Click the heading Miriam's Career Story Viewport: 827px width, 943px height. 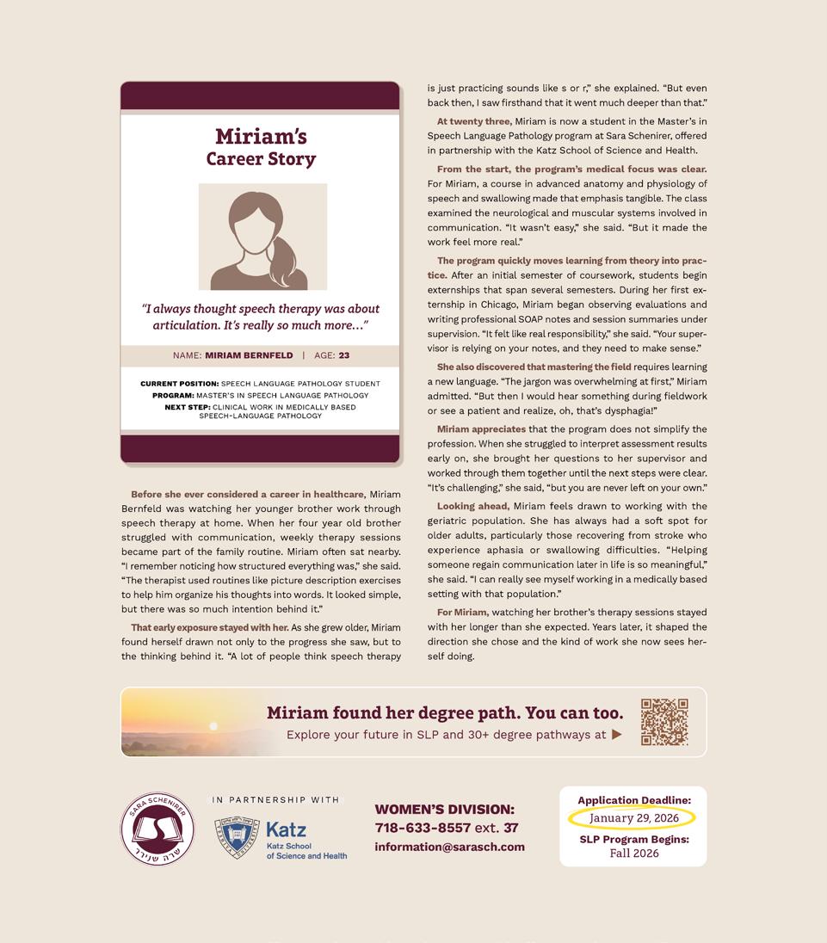click(261, 147)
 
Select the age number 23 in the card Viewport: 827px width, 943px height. click(343, 355)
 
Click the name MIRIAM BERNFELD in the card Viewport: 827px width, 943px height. click(249, 355)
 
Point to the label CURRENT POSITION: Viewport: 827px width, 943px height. click(179, 384)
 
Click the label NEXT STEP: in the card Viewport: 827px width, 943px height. click(187, 407)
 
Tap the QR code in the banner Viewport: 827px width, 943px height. click(664, 722)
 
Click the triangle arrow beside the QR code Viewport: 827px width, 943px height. click(616, 735)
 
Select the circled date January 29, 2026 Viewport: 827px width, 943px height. click(633, 818)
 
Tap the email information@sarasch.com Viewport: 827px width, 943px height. click(449, 847)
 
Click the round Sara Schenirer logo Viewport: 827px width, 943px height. click(157, 829)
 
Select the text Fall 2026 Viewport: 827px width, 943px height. click(633, 854)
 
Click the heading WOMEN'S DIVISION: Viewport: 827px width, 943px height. click(444, 809)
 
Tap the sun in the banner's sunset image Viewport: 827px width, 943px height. click(213, 725)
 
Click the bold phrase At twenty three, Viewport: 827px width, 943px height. click(474, 121)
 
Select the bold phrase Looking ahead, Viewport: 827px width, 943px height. click(472, 506)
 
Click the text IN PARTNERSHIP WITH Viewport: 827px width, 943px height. click(275, 800)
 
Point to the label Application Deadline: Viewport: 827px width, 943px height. click(633, 800)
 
